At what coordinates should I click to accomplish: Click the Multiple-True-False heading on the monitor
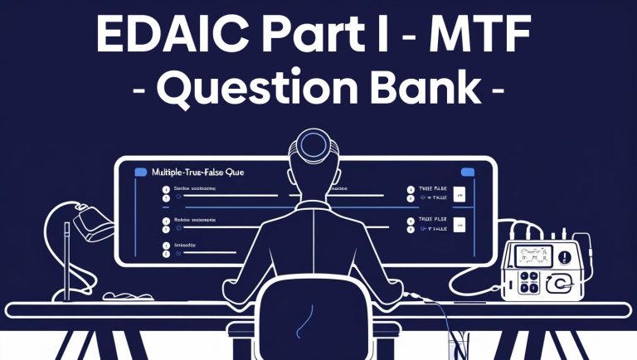click(198, 172)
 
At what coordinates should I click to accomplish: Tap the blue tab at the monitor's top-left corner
click(139, 171)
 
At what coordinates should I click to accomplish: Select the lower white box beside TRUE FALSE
click(459, 223)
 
